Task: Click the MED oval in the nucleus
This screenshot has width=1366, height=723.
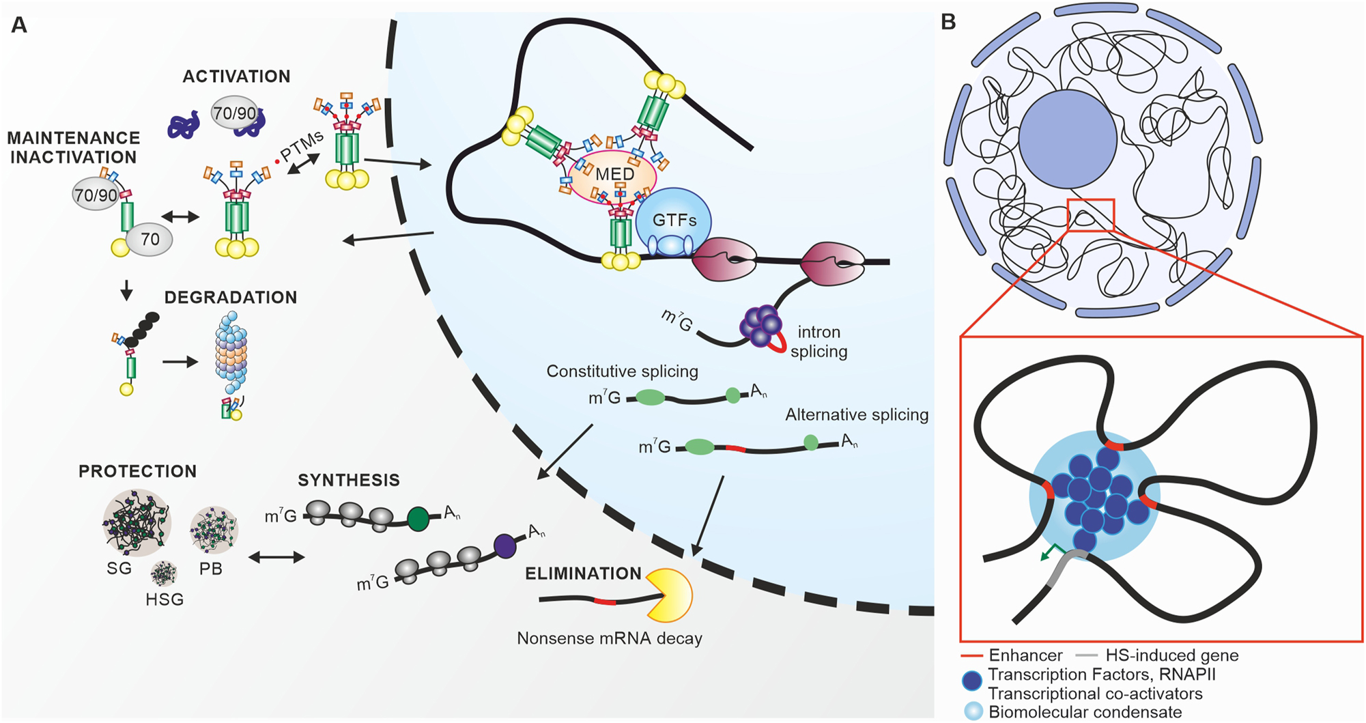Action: coord(612,175)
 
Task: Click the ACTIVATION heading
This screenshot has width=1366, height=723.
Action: coord(236,76)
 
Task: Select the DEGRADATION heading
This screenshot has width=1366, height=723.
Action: coord(231,298)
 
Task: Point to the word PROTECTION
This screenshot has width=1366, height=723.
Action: coord(137,471)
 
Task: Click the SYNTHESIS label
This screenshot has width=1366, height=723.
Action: coord(349,480)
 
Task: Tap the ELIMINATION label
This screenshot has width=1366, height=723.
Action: coord(583,573)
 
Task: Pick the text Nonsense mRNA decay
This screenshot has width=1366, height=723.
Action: coord(609,638)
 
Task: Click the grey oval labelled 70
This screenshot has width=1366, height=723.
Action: coord(150,239)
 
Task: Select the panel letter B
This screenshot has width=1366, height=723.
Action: coord(948,23)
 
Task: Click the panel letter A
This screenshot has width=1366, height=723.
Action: coord(19,25)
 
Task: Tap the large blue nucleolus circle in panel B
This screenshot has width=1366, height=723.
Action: coord(1068,139)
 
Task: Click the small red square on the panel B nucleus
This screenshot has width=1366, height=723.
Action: coord(1090,215)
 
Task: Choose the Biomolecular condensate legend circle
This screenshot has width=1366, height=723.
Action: coord(973,711)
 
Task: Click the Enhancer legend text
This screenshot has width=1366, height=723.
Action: coord(1025,655)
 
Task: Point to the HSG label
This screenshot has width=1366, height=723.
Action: coord(165,599)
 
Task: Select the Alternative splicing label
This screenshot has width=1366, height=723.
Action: coord(857,415)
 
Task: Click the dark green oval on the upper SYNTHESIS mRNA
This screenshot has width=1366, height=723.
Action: coord(418,519)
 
